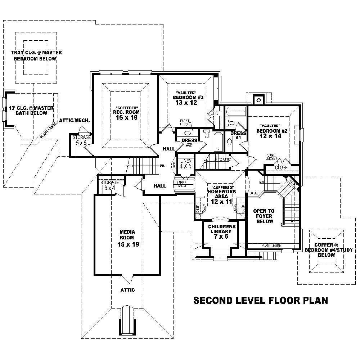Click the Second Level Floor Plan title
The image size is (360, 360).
tap(261, 300)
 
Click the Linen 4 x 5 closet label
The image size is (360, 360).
tap(186, 163)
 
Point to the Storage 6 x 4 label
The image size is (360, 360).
tap(109, 185)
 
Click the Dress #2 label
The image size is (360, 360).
tap(189, 143)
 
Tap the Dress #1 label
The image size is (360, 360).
tap(238, 135)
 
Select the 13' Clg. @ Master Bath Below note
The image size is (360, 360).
tap(31, 111)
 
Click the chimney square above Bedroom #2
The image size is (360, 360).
tap(258, 100)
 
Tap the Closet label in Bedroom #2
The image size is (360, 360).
tap(282, 168)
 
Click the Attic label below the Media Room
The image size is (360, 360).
tap(127, 290)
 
